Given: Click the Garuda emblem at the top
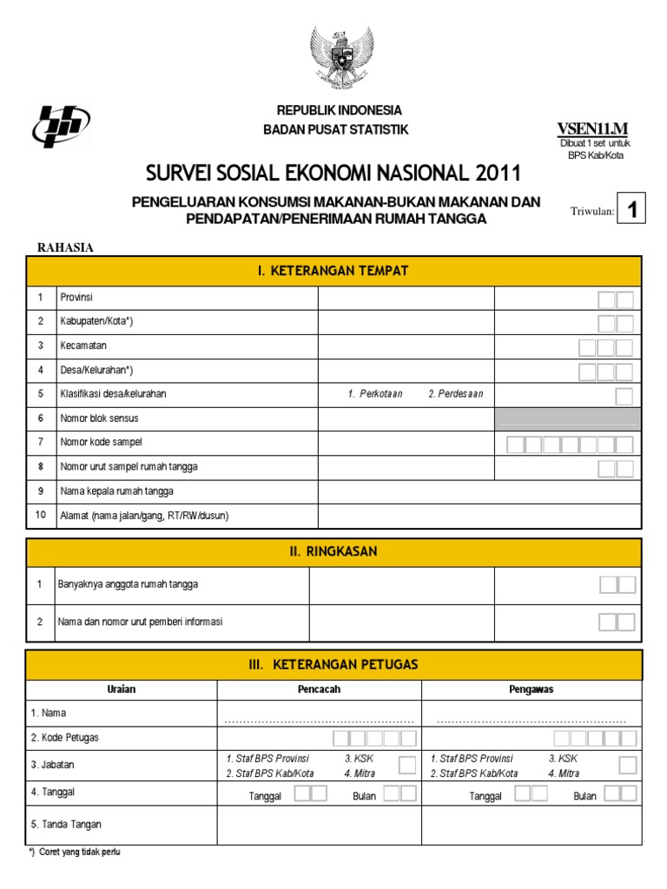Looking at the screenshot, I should tap(341, 57).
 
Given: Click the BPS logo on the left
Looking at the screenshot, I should tap(61, 127).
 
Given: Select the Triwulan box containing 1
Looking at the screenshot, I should tap(632, 209).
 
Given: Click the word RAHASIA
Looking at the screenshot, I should tap(65, 247).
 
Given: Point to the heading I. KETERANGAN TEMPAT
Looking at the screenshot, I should tap(333, 271).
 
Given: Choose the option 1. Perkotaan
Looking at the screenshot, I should tap(375, 394).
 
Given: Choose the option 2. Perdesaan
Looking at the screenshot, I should tap(455, 394).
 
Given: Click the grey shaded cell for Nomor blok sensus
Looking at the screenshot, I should tap(568, 418).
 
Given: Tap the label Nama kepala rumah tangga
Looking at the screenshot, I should tap(116, 491).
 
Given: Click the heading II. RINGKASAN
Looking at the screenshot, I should tap(333, 552).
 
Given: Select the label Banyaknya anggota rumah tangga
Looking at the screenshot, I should tap(128, 584).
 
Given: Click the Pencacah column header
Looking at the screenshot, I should tap(319, 689).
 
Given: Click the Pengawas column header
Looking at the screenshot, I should tap(531, 689).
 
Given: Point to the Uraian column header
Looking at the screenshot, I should tap(121, 689).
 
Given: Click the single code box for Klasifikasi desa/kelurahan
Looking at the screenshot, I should tap(624, 396).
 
